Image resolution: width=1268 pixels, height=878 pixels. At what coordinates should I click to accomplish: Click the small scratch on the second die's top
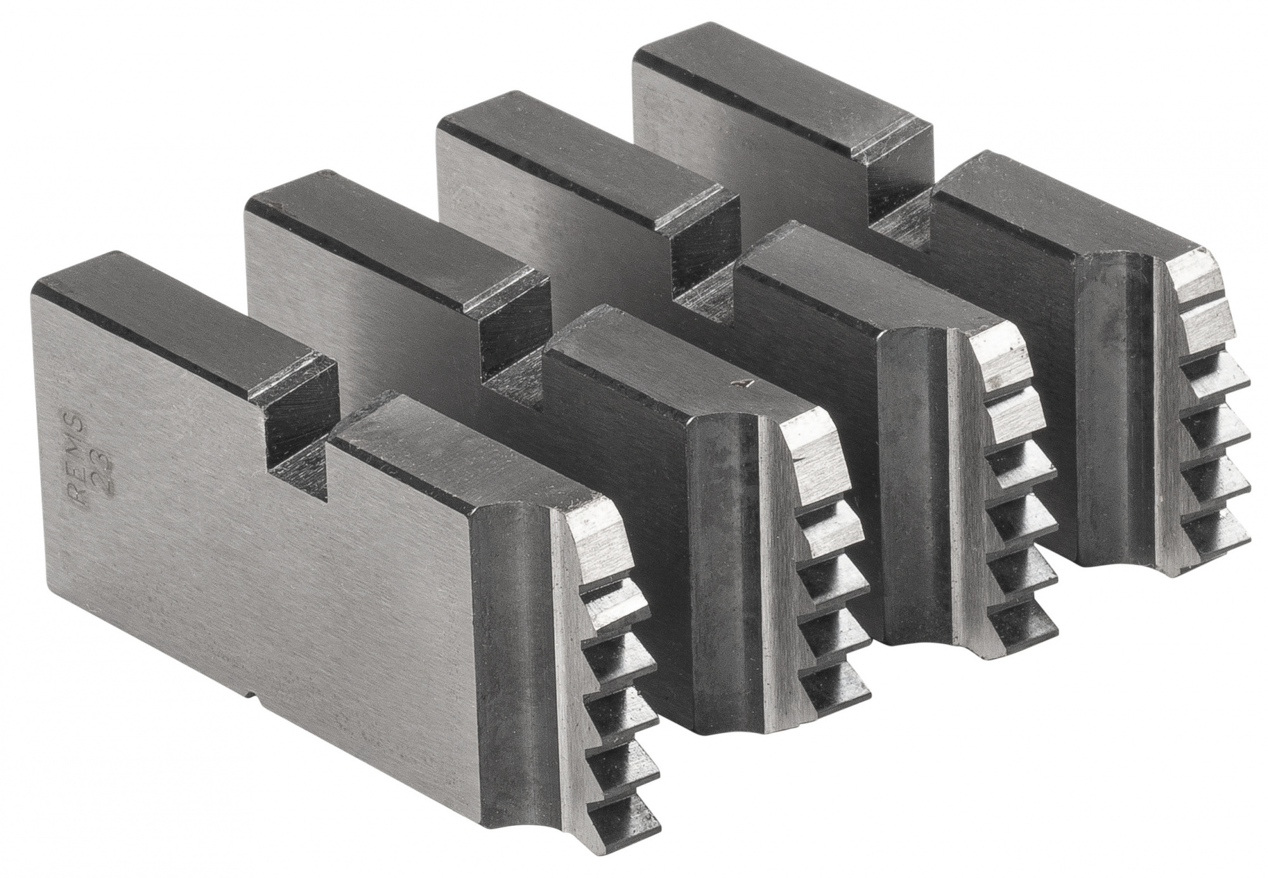click(x=737, y=383)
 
